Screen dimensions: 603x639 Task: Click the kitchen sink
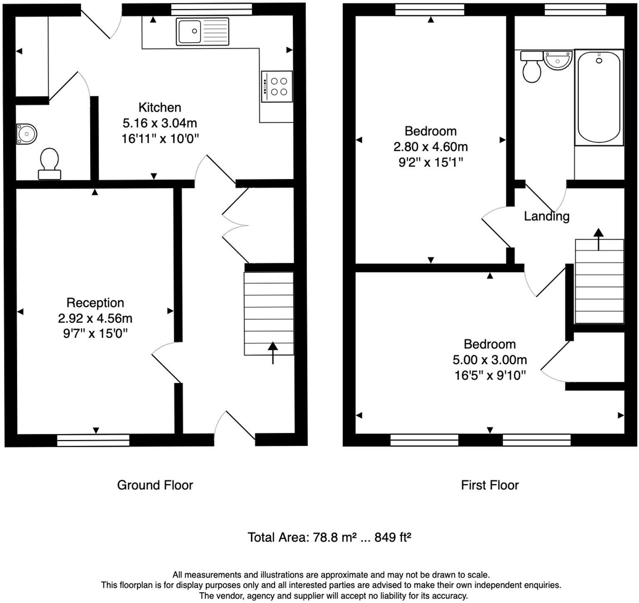coord(202,31)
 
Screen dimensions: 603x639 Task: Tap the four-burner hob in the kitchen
coord(277,86)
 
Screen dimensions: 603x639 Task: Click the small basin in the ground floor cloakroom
coord(27,134)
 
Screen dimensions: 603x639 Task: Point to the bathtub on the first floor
coord(599,97)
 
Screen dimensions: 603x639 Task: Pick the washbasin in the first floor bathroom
coord(558,61)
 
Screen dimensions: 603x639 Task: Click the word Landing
coord(546,216)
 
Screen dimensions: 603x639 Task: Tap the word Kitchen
coord(160,107)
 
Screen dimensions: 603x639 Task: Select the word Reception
coord(95,303)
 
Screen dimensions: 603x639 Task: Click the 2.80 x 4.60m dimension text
coord(431,147)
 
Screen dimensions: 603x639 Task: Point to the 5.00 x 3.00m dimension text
coord(490,360)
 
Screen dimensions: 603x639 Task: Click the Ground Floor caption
coord(155,485)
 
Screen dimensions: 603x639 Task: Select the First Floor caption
coord(490,485)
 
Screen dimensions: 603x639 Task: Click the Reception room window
coord(93,440)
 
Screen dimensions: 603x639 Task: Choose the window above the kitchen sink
coord(212,10)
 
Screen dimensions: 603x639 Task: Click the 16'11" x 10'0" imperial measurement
coord(160,139)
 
